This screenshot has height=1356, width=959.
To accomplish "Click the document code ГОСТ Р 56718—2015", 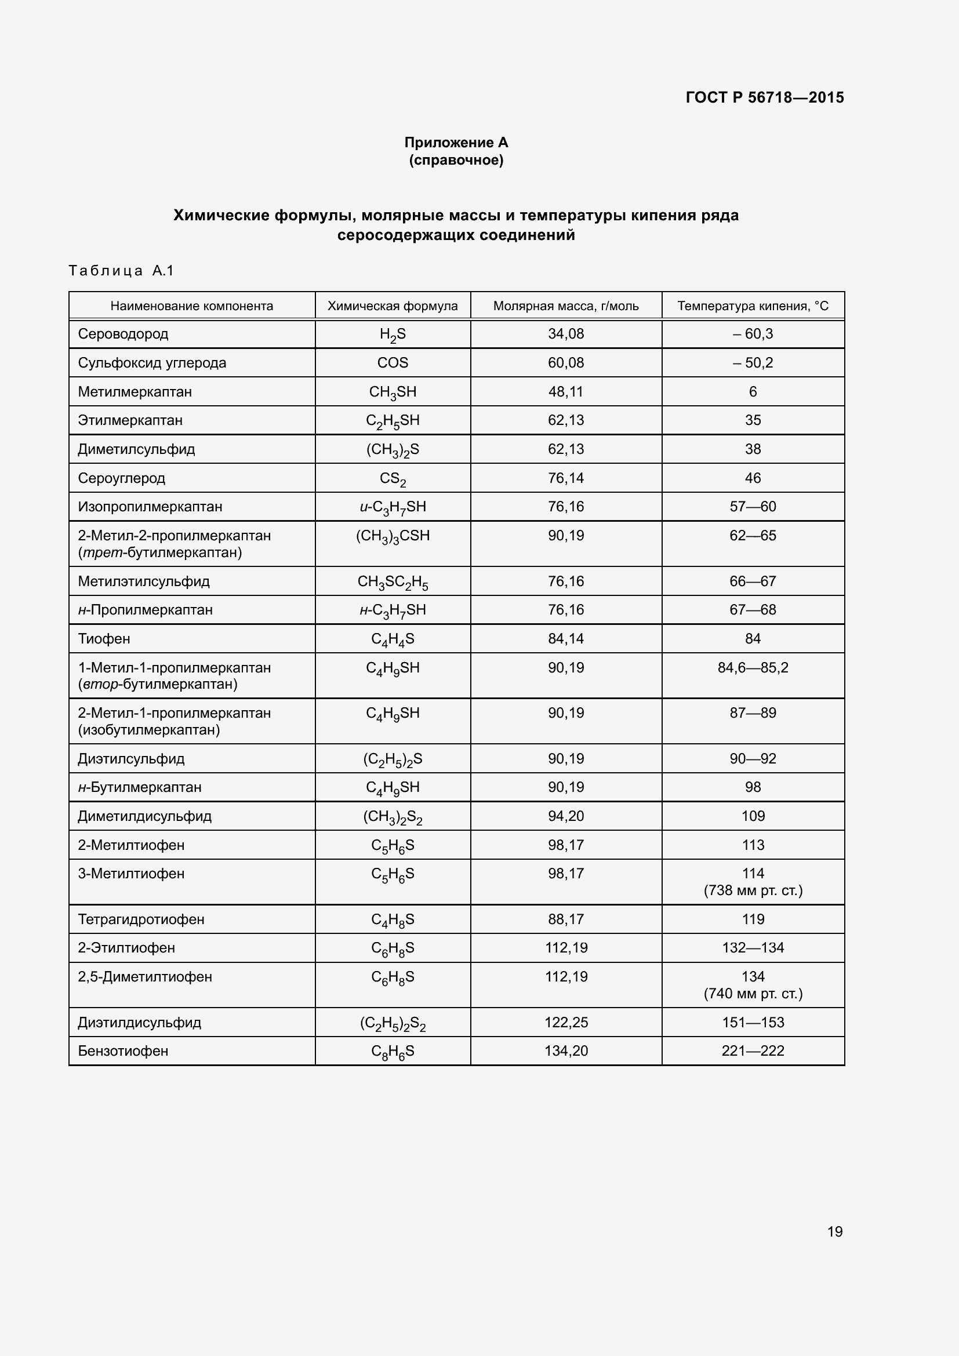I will point(764,97).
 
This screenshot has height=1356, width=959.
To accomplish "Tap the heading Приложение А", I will point(456,143).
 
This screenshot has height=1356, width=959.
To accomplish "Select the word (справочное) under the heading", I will point(456,160).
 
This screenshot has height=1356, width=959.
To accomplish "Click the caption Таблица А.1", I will point(121,271).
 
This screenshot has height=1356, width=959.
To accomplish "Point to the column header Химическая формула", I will point(393,306).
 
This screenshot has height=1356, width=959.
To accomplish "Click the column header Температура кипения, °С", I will point(753,306).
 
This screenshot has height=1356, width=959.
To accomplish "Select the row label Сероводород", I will point(123,334).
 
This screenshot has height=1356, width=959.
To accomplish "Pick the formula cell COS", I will point(393,362).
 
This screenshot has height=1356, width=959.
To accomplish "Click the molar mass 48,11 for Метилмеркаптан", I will point(566,391).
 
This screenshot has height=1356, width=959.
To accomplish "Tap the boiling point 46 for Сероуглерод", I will point(753,478).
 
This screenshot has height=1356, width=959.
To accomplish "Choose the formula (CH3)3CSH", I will point(393,536).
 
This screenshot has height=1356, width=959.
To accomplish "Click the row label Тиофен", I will point(104,638).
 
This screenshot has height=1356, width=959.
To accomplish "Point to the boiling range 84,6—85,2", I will point(753,667).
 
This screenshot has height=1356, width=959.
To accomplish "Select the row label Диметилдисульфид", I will point(145,816).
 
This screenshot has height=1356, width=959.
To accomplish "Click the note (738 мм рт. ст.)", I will point(753,890).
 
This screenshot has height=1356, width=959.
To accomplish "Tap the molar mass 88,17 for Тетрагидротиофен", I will point(566,919).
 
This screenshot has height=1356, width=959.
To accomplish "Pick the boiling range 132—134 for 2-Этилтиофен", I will point(753,948).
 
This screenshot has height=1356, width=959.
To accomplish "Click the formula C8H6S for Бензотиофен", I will point(393,1051).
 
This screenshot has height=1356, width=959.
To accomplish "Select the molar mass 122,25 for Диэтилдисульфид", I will point(566,1022).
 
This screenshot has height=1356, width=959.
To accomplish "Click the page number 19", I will point(834,1231).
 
